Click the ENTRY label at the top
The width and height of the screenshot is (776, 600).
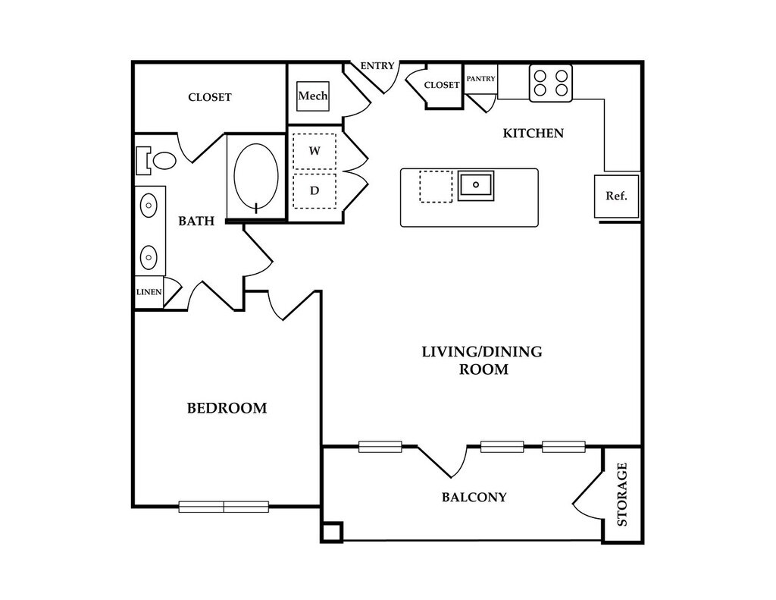click(x=377, y=66)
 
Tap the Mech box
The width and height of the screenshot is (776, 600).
click(x=312, y=96)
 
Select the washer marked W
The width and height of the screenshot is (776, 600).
click(x=314, y=151)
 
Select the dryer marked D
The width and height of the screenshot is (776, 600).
click(x=314, y=191)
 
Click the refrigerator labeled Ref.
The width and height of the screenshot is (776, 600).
click(x=616, y=196)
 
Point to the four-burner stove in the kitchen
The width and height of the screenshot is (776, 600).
click(x=550, y=83)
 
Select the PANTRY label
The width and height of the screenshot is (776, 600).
click(x=481, y=79)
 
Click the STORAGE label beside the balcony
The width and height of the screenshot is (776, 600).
click(x=622, y=495)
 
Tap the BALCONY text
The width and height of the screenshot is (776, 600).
click(x=474, y=498)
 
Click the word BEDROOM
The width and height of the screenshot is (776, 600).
click(x=227, y=408)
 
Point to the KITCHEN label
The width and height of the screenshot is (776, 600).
click(x=533, y=134)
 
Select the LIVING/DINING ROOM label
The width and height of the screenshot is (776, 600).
click(x=483, y=361)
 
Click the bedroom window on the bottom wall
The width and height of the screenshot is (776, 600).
click(x=224, y=507)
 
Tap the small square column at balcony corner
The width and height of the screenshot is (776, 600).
click(x=332, y=532)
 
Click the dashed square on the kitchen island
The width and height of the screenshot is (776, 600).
click(x=436, y=187)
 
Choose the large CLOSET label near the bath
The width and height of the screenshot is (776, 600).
click(x=209, y=98)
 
